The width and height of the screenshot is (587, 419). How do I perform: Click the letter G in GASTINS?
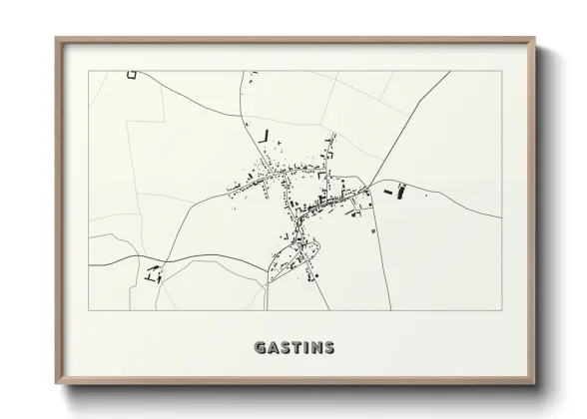261,348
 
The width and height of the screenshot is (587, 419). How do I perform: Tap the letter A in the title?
273,348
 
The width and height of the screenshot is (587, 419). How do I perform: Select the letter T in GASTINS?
296,348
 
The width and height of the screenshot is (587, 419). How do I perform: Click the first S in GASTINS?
285,348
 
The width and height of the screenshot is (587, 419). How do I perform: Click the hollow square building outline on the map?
130,74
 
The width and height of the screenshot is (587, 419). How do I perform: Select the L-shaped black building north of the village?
265,136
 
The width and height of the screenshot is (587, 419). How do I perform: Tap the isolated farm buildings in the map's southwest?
153,273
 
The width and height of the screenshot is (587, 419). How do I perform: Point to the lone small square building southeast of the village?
373,231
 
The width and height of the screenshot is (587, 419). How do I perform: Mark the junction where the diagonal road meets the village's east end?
369,190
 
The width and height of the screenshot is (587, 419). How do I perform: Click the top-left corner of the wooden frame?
57,39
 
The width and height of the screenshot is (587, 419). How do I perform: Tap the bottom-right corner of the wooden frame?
535,383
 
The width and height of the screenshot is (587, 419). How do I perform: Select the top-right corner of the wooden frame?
535,39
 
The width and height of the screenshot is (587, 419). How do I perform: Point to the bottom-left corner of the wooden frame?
57,383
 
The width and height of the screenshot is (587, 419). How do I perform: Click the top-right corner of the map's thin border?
498,71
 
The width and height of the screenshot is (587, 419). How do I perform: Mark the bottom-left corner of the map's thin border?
90,310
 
